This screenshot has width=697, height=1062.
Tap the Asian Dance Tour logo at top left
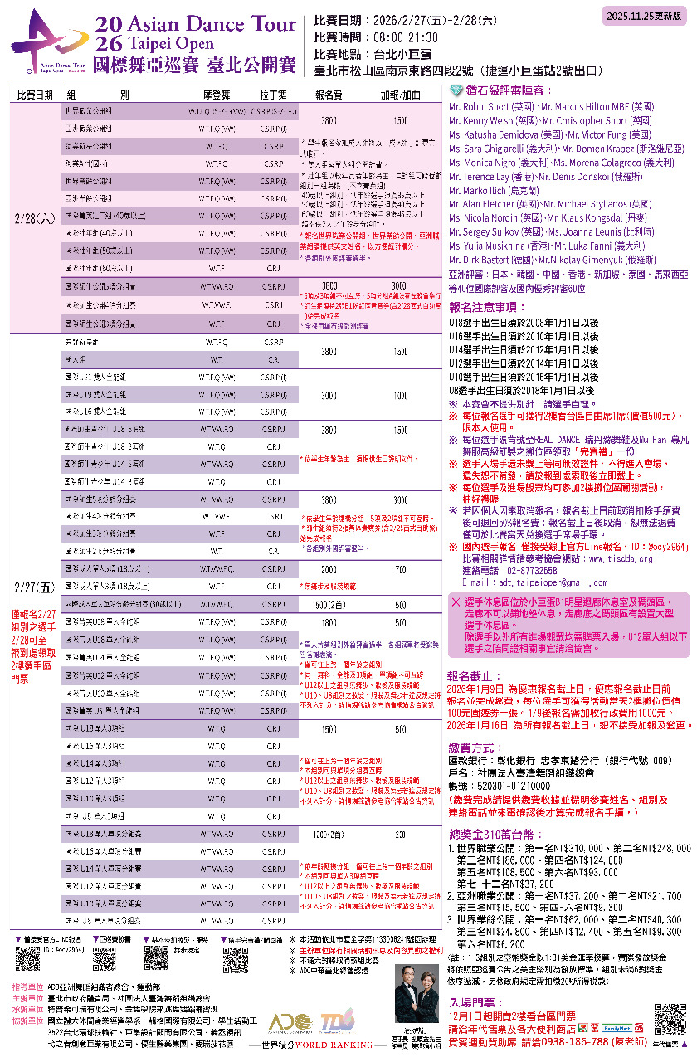coord(50,41)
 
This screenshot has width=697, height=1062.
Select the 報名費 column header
coord(328,95)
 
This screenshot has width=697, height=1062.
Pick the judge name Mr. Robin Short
coord(479,107)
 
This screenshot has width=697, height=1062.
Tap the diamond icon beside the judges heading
coord(454,91)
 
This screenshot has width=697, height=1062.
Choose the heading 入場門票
coord(472,1002)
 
